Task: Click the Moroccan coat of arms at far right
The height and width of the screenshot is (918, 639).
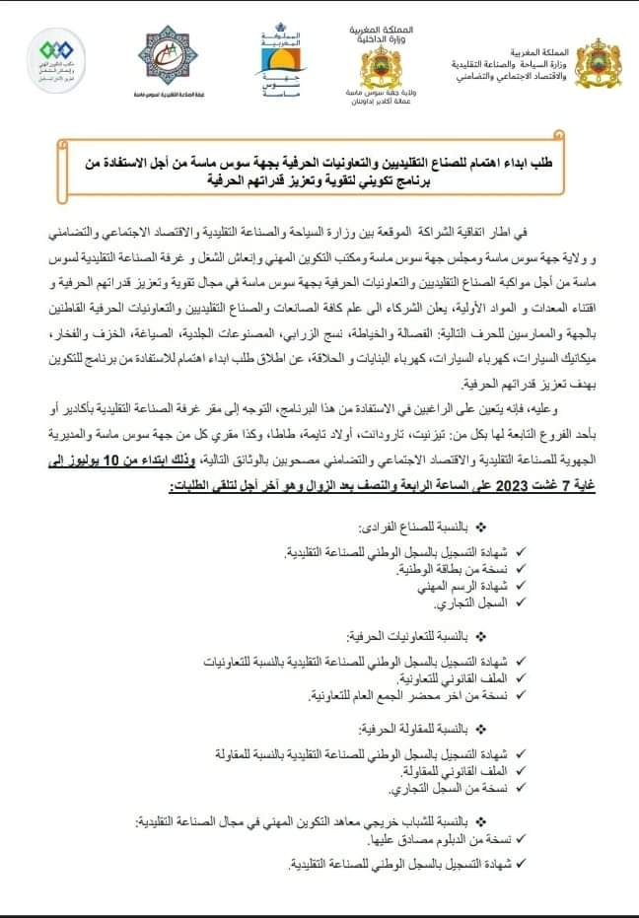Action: [599, 63]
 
